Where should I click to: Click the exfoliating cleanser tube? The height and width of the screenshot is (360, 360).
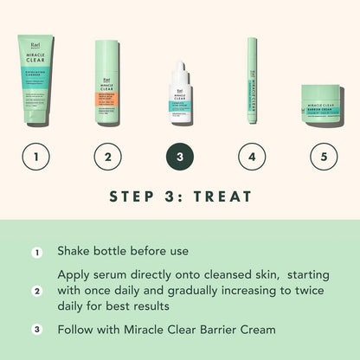pos(35,81)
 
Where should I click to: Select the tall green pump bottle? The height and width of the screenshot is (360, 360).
pos(107,83)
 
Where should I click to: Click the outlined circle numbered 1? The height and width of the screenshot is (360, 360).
pos(35,157)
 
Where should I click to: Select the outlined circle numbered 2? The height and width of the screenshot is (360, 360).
pos(107,157)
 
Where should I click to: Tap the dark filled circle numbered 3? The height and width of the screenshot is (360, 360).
pos(179,157)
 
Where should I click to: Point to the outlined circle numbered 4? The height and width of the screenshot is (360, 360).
pos(252,157)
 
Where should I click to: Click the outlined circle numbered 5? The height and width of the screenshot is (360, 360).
pos(324,157)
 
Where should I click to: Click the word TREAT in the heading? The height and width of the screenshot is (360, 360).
pos(228,196)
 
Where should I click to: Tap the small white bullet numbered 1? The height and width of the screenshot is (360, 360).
pos(36,253)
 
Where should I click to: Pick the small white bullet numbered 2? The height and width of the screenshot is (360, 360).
pos(36,291)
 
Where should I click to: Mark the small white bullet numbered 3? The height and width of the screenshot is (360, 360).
pos(36,330)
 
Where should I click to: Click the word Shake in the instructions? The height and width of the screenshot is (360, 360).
pos(75,252)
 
